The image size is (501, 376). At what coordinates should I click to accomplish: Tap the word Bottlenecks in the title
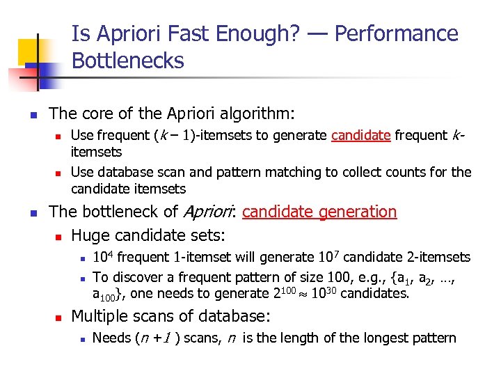click(128, 61)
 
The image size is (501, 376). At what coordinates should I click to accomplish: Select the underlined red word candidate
click(360, 136)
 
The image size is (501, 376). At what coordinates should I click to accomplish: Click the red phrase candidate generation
click(319, 212)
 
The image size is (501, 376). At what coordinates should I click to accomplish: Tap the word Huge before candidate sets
click(93, 235)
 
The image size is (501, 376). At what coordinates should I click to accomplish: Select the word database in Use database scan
click(125, 172)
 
